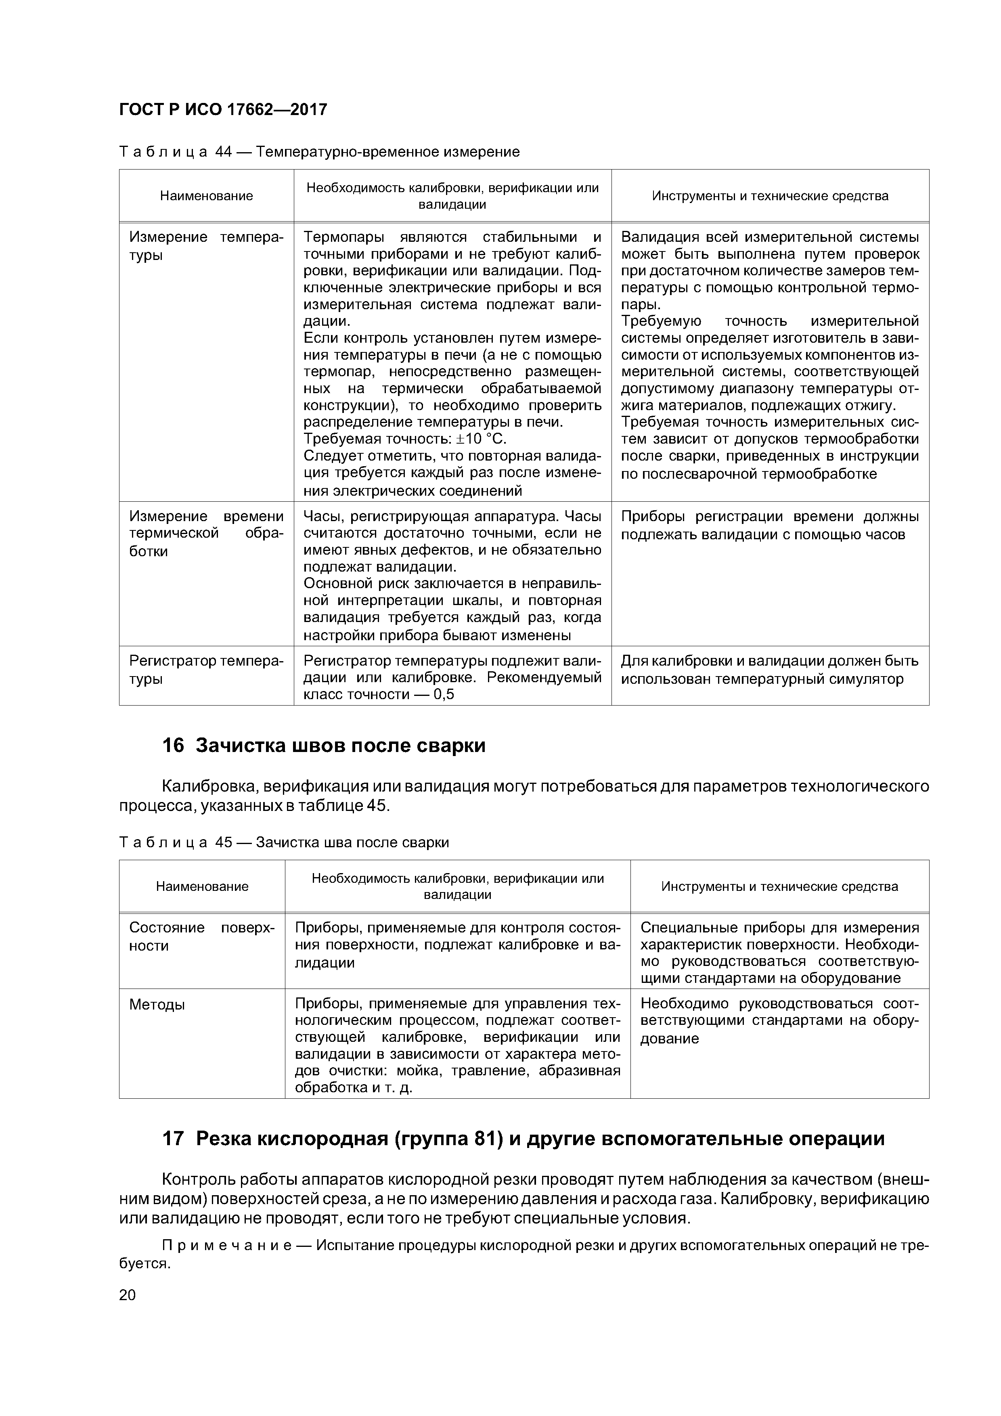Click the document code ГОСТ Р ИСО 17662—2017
(x=223, y=110)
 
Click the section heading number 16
(x=173, y=746)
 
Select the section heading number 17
(x=173, y=1138)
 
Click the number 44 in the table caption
(x=223, y=152)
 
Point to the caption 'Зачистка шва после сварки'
(x=352, y=842)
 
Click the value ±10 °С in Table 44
(x=481, y=439)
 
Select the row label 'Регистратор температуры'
(x=206, y=670)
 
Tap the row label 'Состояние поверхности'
(x=201, y=937)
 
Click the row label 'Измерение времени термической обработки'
(x=206, y=534)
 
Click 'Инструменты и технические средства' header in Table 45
(x=779, y=887)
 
